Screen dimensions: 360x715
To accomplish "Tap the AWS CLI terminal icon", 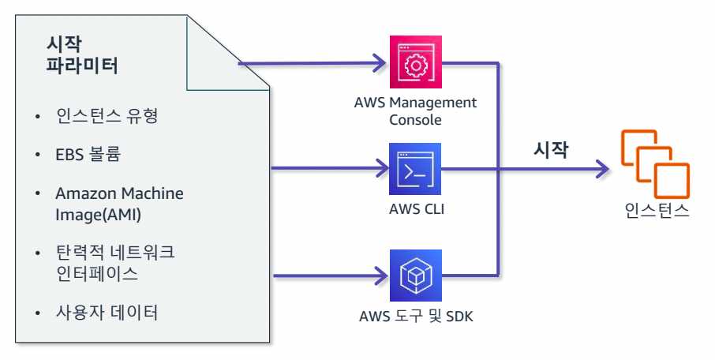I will [416, 169].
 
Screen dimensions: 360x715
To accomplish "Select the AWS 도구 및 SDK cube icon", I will [416, 276].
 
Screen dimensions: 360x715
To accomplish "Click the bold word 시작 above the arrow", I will [551, 150].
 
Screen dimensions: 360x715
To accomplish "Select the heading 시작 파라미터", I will [83, 54].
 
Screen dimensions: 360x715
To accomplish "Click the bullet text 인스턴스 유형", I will [107, 118].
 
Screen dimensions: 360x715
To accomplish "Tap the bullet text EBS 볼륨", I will [88, 154].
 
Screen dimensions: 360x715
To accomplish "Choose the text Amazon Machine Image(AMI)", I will [118, 204].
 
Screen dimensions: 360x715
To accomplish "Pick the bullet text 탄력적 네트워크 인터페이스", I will [115, 264].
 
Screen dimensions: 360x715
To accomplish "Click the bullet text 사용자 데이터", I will [107, 313].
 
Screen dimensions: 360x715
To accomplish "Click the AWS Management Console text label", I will [416, 111].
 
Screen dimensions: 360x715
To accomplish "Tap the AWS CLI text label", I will [416, 210].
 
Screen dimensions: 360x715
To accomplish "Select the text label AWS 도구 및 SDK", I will [416, 317].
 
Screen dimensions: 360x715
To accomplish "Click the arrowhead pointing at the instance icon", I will [604, 168].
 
